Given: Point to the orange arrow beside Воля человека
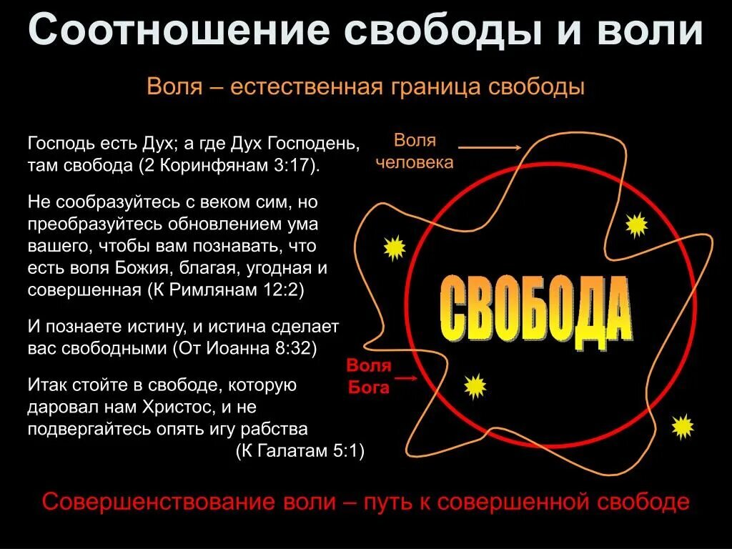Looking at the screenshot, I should pyautogui.click(x=489, y=148).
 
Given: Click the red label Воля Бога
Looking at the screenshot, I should pyautogui.click(x=369, y=377).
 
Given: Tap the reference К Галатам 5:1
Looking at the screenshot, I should pyautogui.click(x=300, y=451).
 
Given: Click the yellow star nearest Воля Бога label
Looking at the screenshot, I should pyautogui.click(x=475, y=386).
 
